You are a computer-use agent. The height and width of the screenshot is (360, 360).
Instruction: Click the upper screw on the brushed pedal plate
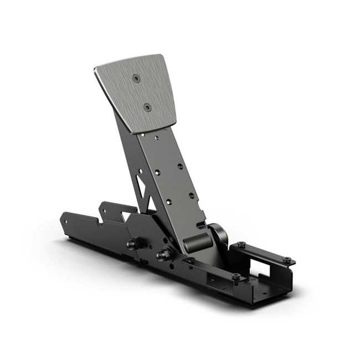(x=136, y=79)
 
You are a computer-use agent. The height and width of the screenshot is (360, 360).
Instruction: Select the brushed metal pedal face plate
(x=138, y=91)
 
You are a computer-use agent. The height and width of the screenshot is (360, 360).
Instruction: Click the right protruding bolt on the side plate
(x=164, y=255)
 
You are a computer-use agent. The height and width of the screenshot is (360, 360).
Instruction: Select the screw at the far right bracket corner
(x=286, y=260)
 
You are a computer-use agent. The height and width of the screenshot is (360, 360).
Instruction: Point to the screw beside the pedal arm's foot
(x=190, y=260)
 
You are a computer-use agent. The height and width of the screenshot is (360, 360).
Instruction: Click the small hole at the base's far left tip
(x=67, y=220)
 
